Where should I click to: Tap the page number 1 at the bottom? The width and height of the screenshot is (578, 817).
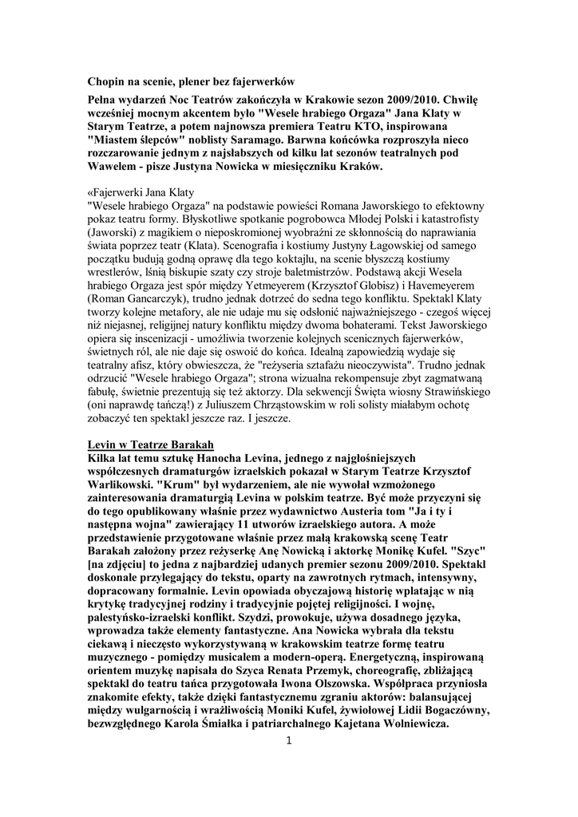coord(289,741)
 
